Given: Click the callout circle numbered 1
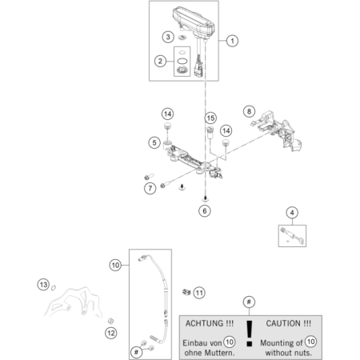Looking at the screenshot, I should [x=232, y=39].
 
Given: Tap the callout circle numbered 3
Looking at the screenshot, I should [x=167, y=37].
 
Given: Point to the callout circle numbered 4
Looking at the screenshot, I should [x=293, y=212].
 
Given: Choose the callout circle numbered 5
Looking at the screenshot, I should [x=153, y=142].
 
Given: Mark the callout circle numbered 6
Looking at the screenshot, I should [x=204, y=211].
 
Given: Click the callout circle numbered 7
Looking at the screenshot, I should [x=150, y=188].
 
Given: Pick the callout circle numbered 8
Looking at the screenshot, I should [x=249, y=111].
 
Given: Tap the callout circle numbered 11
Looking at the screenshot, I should [x=199, y=292].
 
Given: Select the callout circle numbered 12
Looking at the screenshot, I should [x=110, y=332].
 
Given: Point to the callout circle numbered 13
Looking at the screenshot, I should [x=42, y=284].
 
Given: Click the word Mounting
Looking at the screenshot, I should [x=274, y=342].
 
